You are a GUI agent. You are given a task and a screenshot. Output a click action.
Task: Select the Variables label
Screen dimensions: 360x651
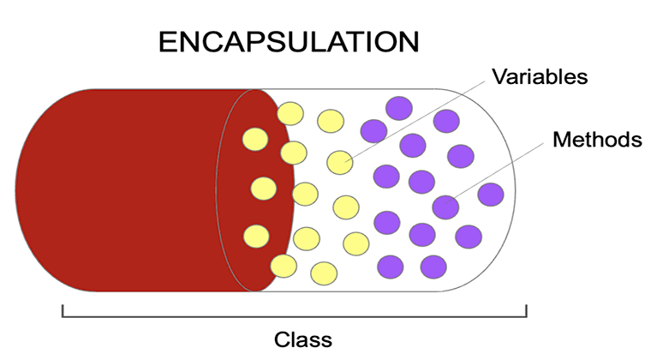(540, 77)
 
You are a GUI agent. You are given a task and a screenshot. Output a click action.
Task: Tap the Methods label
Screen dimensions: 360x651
(597, 140)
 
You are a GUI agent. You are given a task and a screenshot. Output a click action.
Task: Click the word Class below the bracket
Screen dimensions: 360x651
(302, 339)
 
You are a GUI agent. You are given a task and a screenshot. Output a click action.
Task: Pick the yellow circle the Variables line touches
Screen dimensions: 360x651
(340, 162)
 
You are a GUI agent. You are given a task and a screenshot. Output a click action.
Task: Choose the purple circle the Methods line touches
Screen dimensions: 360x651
(445, 207)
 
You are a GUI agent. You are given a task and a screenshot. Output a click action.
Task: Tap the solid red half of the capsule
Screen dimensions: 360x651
(128, 189)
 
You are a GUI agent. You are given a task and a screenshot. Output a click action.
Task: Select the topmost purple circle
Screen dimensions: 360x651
(399, 108)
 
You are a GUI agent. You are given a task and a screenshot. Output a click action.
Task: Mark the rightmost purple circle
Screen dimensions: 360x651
(491, 195)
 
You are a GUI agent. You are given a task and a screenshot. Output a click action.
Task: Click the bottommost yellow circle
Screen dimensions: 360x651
(323, 273)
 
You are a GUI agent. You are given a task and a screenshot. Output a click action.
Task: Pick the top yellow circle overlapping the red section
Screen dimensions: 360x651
(254, 138)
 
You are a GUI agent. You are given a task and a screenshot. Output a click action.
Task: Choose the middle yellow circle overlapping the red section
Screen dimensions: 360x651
(263, 188)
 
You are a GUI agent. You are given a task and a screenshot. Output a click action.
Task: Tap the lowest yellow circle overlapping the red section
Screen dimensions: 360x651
(255, 235)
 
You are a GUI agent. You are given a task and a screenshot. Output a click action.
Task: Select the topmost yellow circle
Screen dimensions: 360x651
(291, 113)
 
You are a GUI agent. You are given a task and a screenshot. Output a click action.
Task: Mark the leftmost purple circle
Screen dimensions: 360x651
(373, 130)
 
